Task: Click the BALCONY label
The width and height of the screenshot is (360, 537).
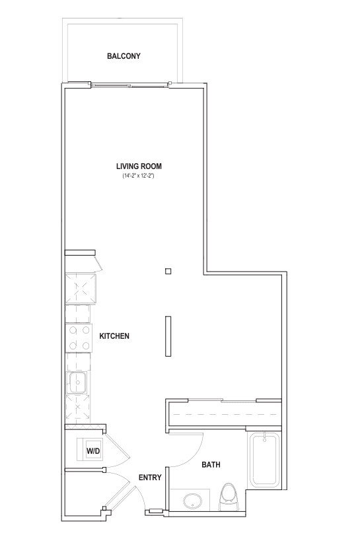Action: (x=124, y=56)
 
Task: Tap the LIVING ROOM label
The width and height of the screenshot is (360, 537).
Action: (x=139, y=166)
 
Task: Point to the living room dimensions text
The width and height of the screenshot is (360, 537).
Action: (x=139, y=176)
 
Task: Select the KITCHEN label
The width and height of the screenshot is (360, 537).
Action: (x=114, y=336)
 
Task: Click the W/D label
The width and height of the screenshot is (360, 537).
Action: (x=92, y=451)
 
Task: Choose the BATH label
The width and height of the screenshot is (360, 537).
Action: (x=211, y=465)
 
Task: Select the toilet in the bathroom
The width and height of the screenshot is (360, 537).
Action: (x=229, y=495)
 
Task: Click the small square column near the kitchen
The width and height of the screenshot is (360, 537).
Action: (x=168, y=270)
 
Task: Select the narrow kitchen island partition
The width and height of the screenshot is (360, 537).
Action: (x=168, y=337)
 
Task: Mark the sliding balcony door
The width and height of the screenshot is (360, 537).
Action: (x=131, y=85)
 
